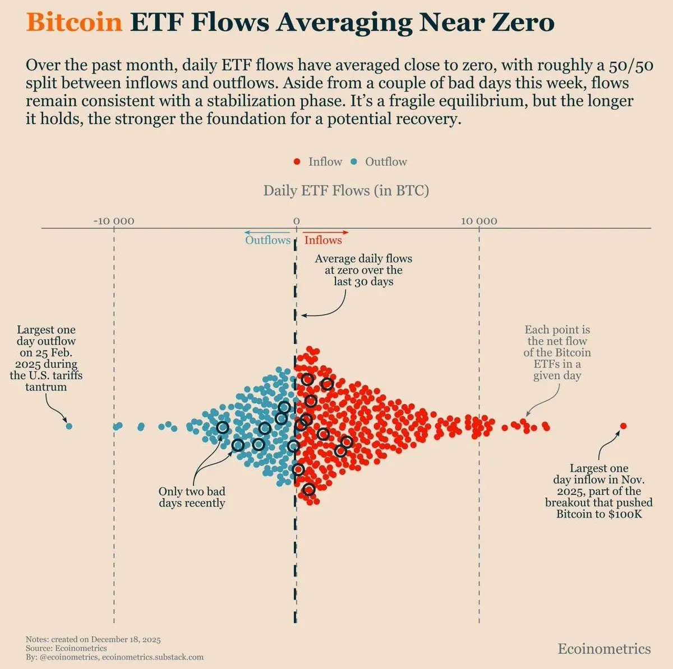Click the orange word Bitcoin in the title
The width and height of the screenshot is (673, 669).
click(x=74, y=22)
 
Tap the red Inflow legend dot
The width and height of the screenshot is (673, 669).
click(x=297, y=162)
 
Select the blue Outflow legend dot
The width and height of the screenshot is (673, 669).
click(x=354, y=162)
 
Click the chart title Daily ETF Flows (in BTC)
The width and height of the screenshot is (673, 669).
click(x=346, y=191)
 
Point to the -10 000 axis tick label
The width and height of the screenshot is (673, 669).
click(x=114, y=221)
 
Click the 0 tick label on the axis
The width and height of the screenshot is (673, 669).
click(x=297, y=221)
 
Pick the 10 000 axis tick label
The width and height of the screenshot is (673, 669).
click(x=479, y=221)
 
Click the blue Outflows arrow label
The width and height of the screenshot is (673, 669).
click(x=268, y=240)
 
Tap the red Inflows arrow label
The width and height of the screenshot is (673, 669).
click(x=323, y=240)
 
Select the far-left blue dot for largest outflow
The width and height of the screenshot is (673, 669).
click(x=69, y=426)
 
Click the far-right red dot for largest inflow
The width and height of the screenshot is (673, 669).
click(x=623, y=426)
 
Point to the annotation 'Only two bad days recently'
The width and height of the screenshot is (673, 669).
click(x=192, y=497)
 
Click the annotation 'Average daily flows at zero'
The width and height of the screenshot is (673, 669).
click(x=363, y=270)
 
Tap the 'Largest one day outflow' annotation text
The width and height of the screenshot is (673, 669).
click(x=46, y=358)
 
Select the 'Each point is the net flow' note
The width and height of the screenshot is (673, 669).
click(x=557, y=353)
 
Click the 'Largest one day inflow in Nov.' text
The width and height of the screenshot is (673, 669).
click(x=599, y=491)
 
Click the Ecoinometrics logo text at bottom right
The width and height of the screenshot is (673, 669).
click(x=604, y=649)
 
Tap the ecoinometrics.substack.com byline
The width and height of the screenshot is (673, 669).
click(x=153, y=657)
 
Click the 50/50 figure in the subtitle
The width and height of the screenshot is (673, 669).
click(x=631, y=66)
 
